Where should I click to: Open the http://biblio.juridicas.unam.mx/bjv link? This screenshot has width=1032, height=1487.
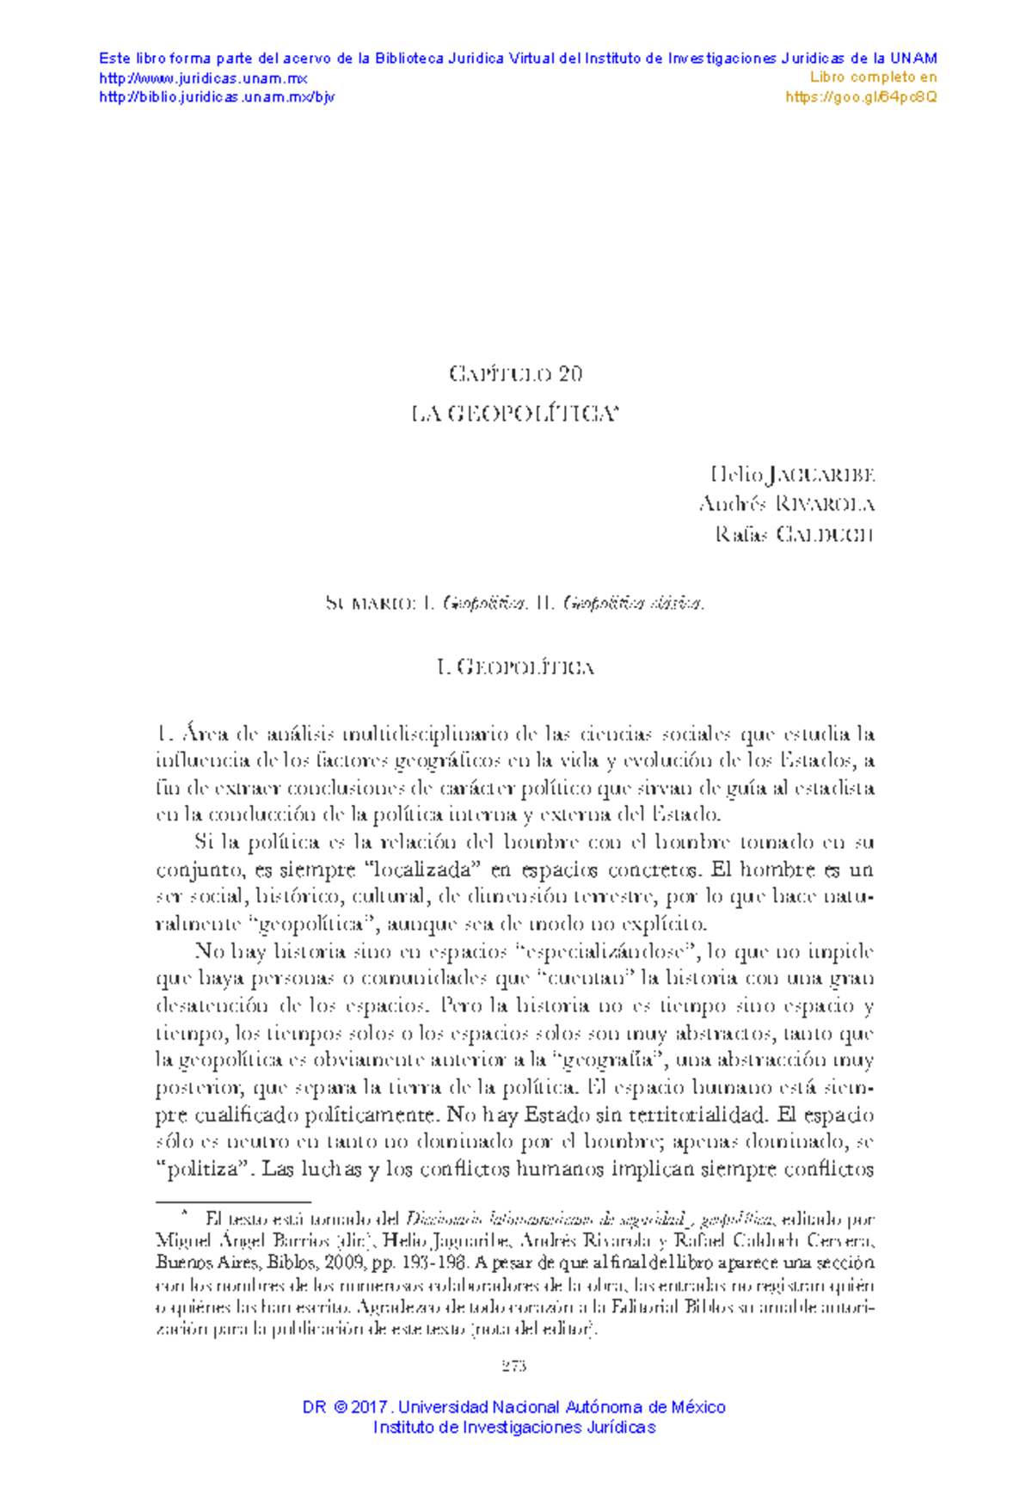(x=217, y=97)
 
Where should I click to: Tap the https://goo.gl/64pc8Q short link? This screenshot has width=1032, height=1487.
(x=862, y=97)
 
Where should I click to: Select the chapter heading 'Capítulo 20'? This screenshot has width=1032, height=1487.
(x=515, y=374)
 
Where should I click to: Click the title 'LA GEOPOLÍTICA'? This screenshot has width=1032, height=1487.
(x=514, y=415)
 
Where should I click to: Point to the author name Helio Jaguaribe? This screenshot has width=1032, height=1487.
(x=792, y=475)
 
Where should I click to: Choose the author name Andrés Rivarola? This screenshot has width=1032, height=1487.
(x=787, y=504)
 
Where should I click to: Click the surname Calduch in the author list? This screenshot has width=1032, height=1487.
(x=825, y=534)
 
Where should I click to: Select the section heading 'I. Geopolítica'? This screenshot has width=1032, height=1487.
(x=515, y=667)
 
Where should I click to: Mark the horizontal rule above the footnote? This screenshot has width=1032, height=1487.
(x=233, y=1202)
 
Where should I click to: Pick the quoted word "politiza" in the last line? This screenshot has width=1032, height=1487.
(x=204, y=1170)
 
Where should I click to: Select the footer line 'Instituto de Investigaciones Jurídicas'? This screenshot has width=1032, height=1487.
(x=514, y=1428)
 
